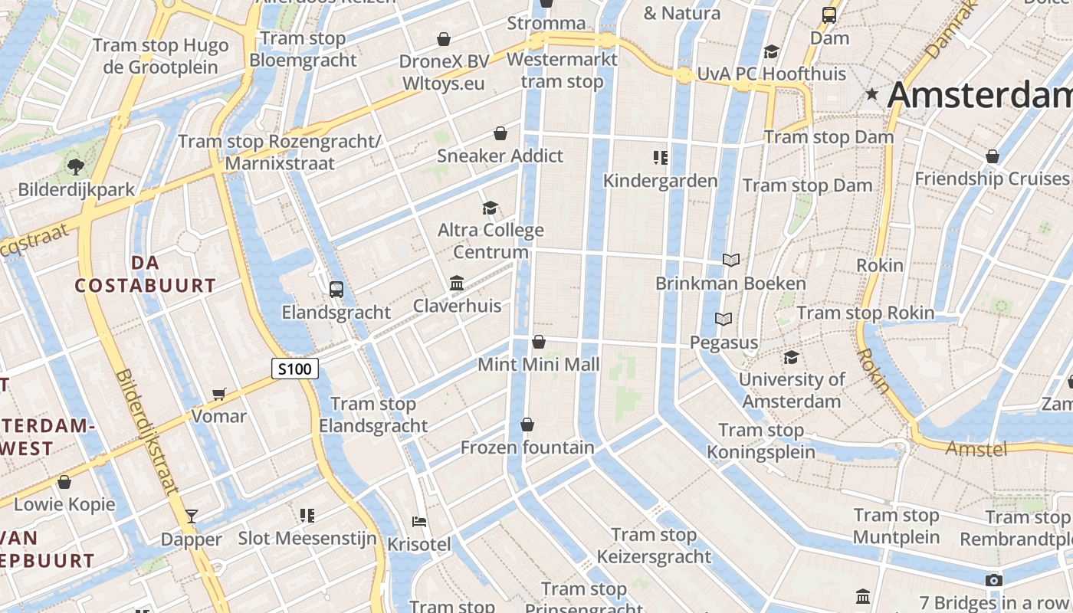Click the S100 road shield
tap(295, 369)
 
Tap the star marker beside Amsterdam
tap(871, 95)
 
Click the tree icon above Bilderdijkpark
tap(75, 166)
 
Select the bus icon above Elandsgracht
tap(336, 289)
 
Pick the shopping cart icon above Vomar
tap(219, 394)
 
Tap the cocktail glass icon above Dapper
tap(192, 516)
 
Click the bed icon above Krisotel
tap(419, 521)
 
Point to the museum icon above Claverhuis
tap(457, 284)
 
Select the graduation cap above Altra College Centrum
tap(490, 208)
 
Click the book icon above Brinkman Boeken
tap(731, 261)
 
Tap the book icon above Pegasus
tap(724, 319)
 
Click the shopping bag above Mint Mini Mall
tap(539, 342)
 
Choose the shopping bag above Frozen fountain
tap(527, 425)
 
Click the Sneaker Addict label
tap(500, 156)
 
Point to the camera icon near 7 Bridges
tap(993, 580)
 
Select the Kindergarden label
tap(660, 181)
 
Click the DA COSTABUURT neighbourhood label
tap(146, 274)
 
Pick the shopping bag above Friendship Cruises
tap(993, 156)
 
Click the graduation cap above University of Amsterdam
tap(791, 357)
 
